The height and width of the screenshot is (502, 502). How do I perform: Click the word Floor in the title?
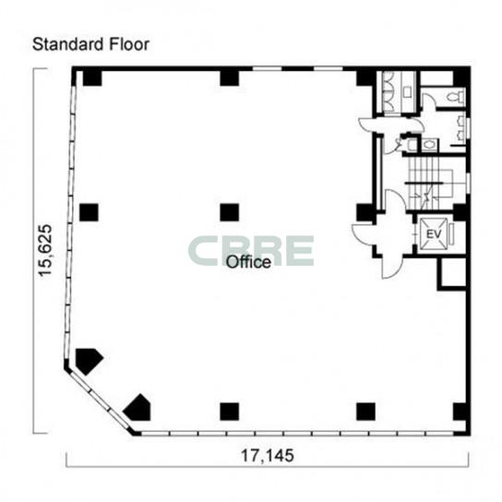[x=129, y=44]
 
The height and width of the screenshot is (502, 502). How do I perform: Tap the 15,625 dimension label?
[x=45, y=250]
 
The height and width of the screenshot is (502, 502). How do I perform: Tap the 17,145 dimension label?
[x=267, y=455]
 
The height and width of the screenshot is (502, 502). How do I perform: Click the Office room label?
[x=248, y=262]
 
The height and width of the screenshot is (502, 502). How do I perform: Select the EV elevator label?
[x=434, y=234]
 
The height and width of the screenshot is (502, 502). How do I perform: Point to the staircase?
[x=431, y=183]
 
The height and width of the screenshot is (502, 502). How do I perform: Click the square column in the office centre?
[x=230, y=212]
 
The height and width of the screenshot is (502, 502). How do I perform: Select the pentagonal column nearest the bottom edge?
[x=138, y=408]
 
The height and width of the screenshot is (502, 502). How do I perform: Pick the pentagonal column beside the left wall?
[x=89, y=361]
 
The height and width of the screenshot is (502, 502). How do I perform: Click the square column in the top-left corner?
[x=92, y=78]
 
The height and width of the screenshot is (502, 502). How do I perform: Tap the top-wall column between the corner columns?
[x=230, y=78]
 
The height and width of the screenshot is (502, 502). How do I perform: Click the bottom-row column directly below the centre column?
[x=230, y=412]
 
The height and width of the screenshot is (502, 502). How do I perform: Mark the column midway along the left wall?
[x=89, y=212]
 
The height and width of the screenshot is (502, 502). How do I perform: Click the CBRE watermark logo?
[x=251, y=251]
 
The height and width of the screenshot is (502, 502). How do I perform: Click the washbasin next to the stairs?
[x=429, y=145]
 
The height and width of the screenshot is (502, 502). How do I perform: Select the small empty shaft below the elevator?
[x=452, y=274]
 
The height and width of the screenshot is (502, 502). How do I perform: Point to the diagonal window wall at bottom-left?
[x=99, y=400]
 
